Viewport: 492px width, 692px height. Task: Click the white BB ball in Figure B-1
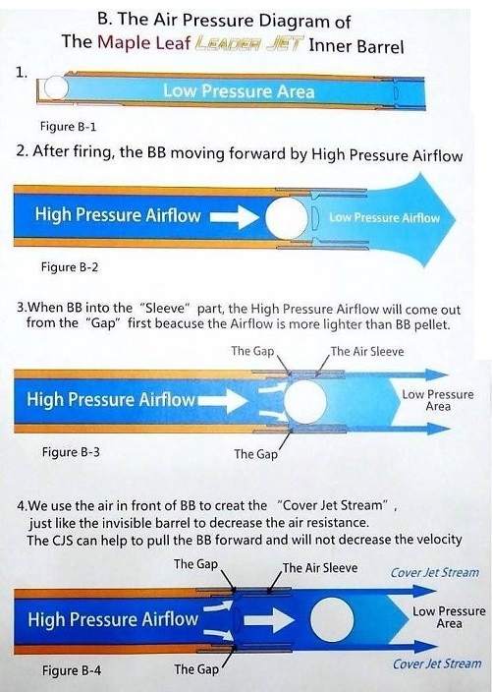tap(56, 87)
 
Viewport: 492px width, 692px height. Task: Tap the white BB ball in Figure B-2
tap(287, 217)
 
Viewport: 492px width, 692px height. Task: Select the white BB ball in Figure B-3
tap(305, 401)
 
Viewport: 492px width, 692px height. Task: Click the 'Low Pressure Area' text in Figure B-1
tap(239, 91)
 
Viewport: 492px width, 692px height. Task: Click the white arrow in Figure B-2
tap(235, 217)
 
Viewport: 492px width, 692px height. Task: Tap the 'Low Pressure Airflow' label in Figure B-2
tap(384, 217)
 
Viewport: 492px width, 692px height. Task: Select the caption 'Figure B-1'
tap(68, 127)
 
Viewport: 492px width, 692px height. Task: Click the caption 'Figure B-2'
tap(70, 267)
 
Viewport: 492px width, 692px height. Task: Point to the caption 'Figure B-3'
tap(71, 452)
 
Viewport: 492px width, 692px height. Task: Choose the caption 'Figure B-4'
tap(72, 670)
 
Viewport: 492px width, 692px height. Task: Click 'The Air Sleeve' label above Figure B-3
tap(367, 351)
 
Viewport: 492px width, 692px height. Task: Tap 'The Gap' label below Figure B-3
tap(255, 454)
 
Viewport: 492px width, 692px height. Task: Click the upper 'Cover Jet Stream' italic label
tap(435, 572)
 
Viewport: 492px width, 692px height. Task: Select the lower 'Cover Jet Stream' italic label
tap(437, 663)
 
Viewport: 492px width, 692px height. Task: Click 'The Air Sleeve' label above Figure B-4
tap(320, 567)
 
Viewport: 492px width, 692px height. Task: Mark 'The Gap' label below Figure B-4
tap(196, 669)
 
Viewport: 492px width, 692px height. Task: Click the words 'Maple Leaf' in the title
tap(143, 42)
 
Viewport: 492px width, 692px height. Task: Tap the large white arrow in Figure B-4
tap(269, 620)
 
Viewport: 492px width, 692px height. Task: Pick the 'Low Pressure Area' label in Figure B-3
tap(438, 400)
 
